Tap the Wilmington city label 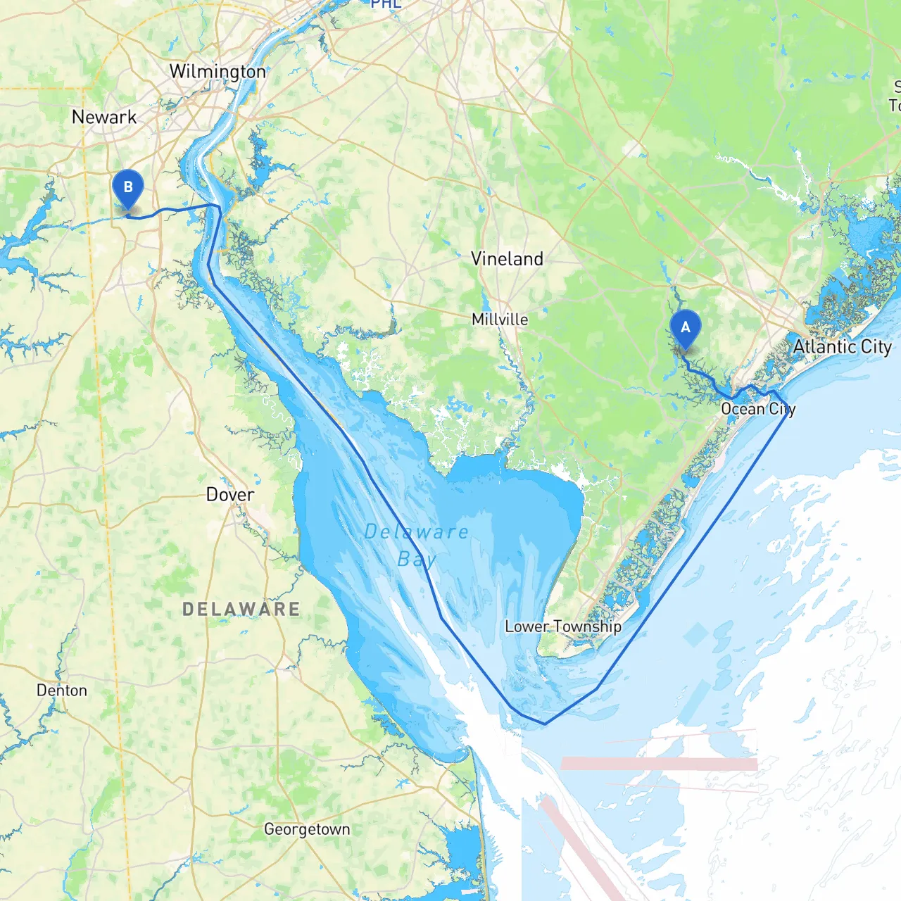218,72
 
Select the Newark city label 104,117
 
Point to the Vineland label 507,259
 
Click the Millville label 500,320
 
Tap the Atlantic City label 842,346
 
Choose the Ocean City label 757,409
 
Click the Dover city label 229,495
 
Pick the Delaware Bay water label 416,546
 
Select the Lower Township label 563,626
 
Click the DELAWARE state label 241,610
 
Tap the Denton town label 62,691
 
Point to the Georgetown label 307,829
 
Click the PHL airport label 386,4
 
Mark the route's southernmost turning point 544,723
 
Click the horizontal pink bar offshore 659,764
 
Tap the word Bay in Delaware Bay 417,560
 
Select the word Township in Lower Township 587,626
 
